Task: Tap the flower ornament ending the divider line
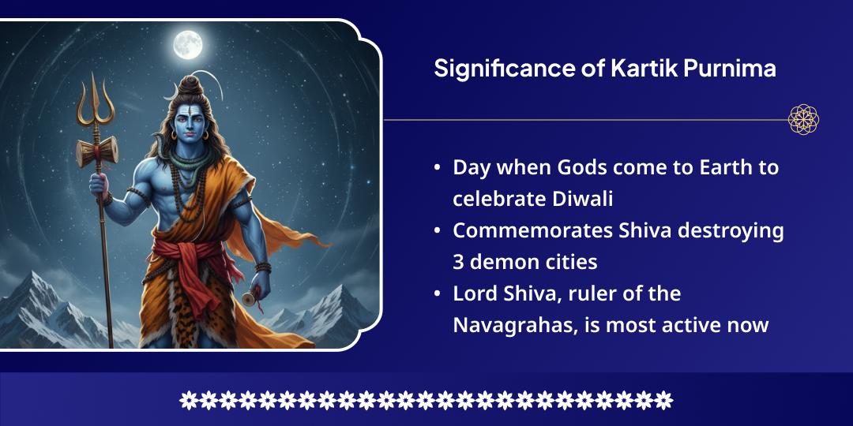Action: [x=804, y=120]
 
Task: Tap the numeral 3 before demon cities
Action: [x=459, y=261]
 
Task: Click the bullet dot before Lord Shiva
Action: [x=438, y=294]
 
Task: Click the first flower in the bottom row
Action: [x=189, y=400]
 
